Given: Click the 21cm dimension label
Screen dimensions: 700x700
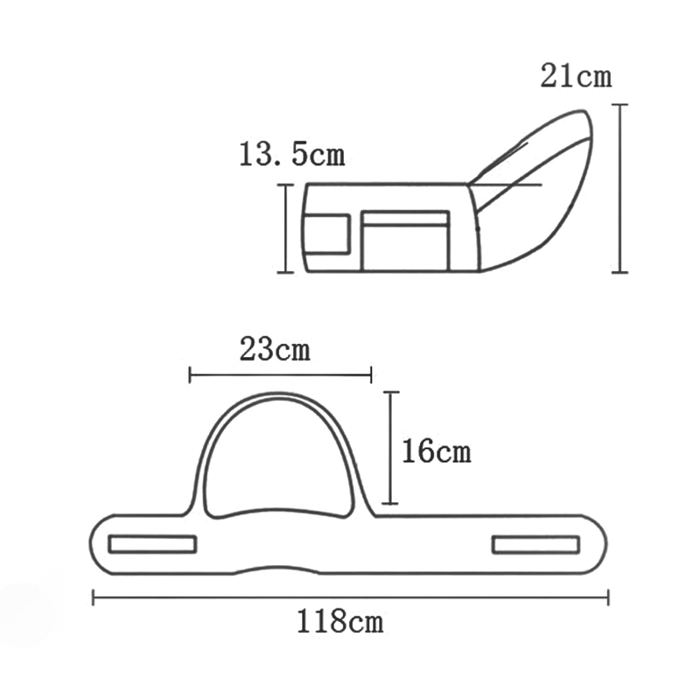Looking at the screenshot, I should [576, 76].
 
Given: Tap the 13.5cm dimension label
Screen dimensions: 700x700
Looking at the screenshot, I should [291, 156].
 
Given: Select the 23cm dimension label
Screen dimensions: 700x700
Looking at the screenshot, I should [274, 350].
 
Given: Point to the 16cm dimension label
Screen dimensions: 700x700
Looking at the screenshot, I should [436, 451].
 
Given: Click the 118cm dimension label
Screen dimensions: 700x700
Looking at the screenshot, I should [340, 623].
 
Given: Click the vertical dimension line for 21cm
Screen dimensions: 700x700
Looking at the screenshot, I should [619, 188].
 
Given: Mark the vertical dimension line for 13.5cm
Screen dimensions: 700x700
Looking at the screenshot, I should [284, 228].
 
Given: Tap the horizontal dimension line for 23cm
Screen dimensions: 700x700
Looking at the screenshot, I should [280, 375].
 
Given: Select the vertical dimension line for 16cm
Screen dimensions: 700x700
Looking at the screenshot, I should [390, 447].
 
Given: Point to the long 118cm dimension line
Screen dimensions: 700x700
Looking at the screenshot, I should [350, 598].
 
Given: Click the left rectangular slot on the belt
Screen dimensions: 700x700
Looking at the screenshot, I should [152, 544].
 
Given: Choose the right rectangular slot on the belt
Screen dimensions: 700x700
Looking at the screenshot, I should [535, 544].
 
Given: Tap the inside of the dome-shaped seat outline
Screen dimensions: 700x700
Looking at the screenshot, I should [278, 464].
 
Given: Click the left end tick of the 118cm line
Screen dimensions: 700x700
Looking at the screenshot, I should [94, 598].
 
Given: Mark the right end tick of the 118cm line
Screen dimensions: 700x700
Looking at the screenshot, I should [608, 598].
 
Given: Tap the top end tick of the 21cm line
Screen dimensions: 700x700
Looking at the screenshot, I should [619, 105].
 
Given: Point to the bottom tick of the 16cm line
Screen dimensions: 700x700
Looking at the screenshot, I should [390, 503].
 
